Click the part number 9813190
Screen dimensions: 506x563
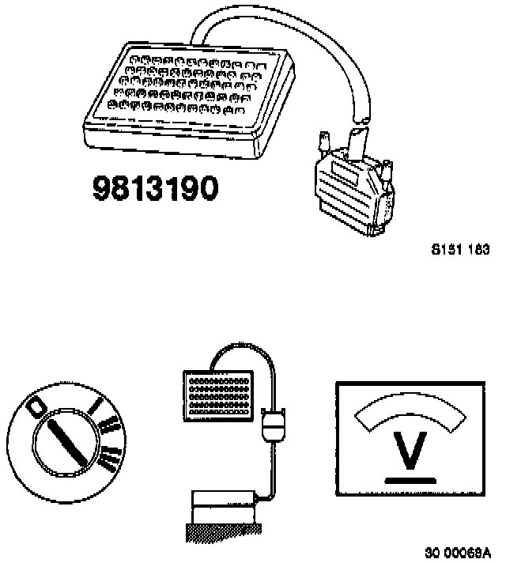point(155,188)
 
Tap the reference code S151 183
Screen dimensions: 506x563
point(460,249)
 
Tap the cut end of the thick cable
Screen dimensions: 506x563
point(360,120)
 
